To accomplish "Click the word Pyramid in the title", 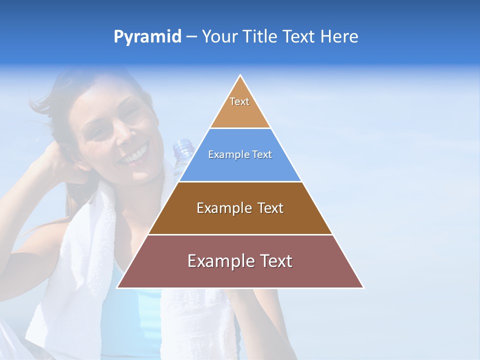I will [147, 37].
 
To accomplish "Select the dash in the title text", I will [191, 37].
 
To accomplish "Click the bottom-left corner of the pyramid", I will [118, 287].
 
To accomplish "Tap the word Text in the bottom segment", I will [274, 261].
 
